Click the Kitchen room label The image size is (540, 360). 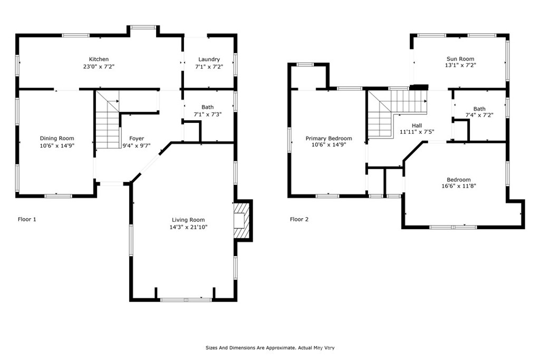(99, 59)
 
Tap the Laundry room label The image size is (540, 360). (209, 59)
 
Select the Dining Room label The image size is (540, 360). (57, 138)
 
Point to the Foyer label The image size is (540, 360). (137, 138)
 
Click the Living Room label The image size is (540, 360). (188, 220)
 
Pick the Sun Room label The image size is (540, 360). (460, 59)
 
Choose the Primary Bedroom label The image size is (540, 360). (329, 138)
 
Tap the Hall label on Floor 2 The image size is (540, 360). (417, 125)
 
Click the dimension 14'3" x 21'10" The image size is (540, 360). (188, 227)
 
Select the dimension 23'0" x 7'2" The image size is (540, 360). (99, 67)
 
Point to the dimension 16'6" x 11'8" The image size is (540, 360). (459, 186)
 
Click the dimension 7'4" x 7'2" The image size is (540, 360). (479, 115)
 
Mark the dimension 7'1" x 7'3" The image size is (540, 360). (208, 114)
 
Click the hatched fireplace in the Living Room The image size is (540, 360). (243, 220)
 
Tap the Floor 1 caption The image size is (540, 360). (27, 219)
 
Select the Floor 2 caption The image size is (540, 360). (300, 219)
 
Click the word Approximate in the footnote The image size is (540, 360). (279, 348)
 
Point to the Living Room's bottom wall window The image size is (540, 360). (186, 300)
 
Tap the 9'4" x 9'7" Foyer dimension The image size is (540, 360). (137, 145)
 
